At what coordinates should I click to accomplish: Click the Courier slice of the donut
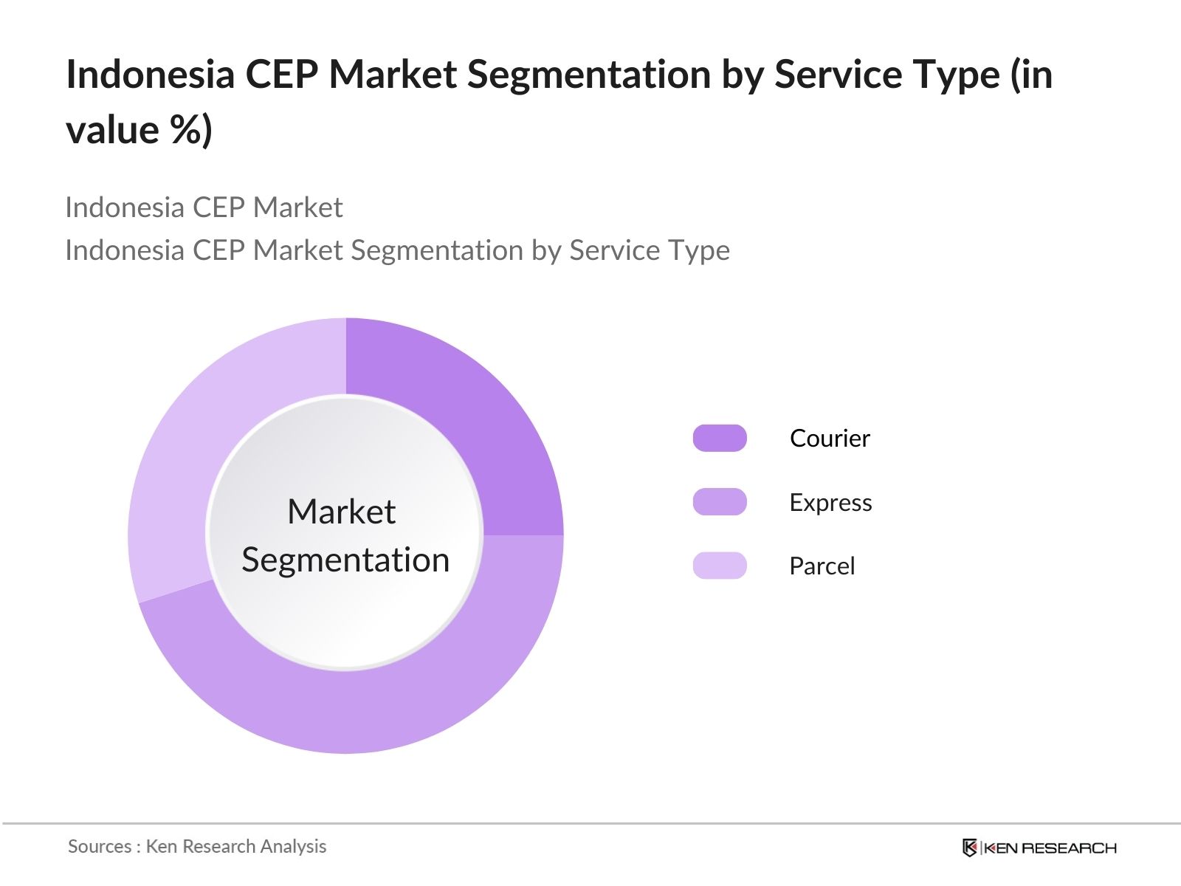coord(472,413)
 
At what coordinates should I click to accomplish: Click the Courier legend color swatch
coord(720,438)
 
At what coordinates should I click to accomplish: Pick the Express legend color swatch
coord(720,502)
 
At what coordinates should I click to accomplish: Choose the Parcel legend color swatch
coord(720,566)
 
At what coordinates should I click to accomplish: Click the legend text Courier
coord(830,439)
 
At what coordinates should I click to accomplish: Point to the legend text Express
coord(830,503)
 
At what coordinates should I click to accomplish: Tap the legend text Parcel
coord(822,566)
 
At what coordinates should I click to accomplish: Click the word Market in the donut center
coord(341,512)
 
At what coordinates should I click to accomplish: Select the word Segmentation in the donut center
coord(345,560)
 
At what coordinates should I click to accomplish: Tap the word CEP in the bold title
coord(281,75)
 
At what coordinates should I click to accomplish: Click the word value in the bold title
coord(112,130)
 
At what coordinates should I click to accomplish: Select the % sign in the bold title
coord(185,130)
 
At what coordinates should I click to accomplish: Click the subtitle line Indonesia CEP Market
coord(204,207)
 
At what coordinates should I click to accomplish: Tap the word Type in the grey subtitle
coord(698,250)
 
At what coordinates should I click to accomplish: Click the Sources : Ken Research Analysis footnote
coord(197,846)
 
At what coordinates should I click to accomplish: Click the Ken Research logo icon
coord(970,848)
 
